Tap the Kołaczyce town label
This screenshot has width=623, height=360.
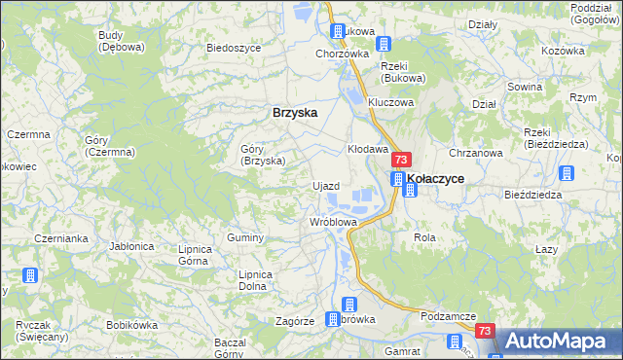coord(435,179)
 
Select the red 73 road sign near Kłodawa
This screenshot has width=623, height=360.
coord(401,159)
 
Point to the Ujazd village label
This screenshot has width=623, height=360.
coord(325,186)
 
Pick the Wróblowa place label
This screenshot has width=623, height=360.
coord(333,222)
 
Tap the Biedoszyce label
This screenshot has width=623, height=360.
coord(231,47)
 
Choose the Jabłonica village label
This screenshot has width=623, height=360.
coord(133,246)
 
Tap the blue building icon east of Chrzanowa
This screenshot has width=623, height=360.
coord(568,174)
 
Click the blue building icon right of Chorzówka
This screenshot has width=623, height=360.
coord(384,44)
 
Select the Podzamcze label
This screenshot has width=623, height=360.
coord(448,316)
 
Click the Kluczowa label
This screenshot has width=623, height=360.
coord(391,102)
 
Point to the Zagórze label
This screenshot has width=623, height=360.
coord(294,320)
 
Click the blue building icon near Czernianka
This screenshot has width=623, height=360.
coord(29,275)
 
